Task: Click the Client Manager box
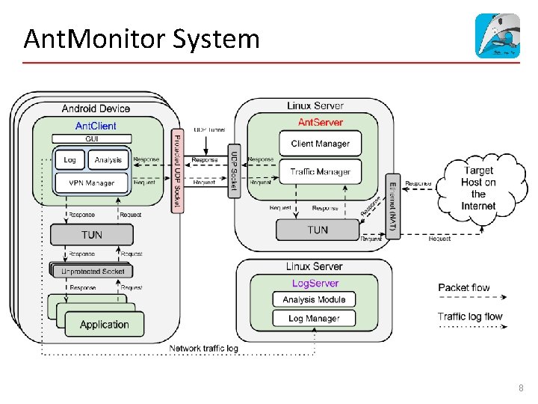pyautogui.click(x=320, y=144)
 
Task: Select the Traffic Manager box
pyautogui.click(x=320, y=172)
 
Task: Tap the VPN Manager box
pyautogui.click(x=91, y=183)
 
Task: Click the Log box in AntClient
pyautogui.click(x=69, y=160)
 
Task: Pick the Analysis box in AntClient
pyautogui.click(x=108, y=160)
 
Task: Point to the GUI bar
pyautogui.click(x=92, y=138)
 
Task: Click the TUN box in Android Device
pyautogui.click(x=91, y=235)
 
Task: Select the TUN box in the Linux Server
pyautogui.click(x=318, y=230)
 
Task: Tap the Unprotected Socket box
pyautogui.click(x=93, y=271)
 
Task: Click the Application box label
pyautogui.click(x=104, y=325)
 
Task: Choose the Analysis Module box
pyautogui.click(x=314, y=299)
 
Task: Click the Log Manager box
pyautogui.click(x=314, y=319)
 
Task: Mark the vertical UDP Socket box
pyautogui.click(x=234, y=171)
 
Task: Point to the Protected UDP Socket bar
pyautogui.click(x=177, y=170)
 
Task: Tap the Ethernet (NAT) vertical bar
pyautogui.click(x=393, y=206)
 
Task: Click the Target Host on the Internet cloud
pyautogui.click(x=477, y=188)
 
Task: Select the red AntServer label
pyautogui.click(x=320, y=122)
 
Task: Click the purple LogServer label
pyautogui.click(x=315, y=284)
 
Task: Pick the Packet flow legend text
pyautogui.click(x=464, y=287)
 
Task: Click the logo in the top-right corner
pyautogui.click(x=498, y=35)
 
